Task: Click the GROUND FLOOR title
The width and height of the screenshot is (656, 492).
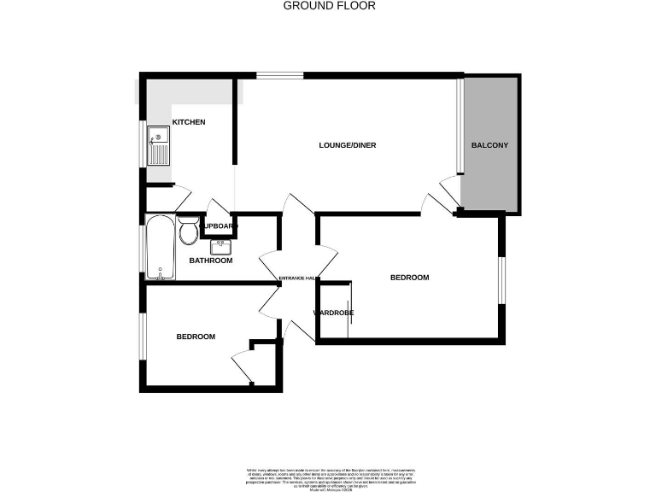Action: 329,6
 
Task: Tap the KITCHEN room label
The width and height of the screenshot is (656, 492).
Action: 189,122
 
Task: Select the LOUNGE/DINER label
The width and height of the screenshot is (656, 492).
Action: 348,145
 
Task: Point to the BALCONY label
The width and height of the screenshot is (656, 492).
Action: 489,145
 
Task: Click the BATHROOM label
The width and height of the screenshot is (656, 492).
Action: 211,261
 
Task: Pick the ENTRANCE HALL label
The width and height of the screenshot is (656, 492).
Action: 299,278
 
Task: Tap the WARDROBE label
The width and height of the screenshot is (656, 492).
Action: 334,313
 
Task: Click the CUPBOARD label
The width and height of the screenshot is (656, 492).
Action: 219,226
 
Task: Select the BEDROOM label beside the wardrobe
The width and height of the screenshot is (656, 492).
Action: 409,278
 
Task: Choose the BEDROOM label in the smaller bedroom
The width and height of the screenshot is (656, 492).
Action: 196,337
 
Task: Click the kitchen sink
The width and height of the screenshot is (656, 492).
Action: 159,146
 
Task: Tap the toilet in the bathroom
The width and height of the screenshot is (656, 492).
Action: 189,229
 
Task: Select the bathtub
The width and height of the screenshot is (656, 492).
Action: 160,248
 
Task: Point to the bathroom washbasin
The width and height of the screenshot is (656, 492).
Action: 220,247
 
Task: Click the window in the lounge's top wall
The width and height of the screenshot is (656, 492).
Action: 279,75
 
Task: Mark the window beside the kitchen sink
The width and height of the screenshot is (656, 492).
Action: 143,144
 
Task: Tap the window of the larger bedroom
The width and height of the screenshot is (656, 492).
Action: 502,280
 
